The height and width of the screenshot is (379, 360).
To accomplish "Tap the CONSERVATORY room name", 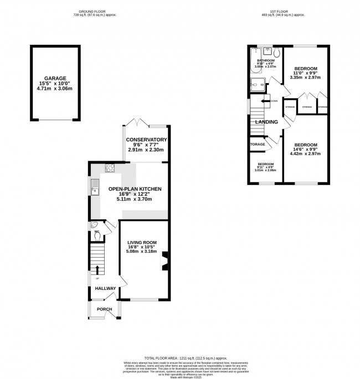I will pos(146,140).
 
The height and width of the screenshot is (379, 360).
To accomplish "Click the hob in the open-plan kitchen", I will pos(110,169).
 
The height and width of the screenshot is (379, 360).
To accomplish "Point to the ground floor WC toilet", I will pos(97,234).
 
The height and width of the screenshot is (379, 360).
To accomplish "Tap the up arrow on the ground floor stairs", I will pos(98,270).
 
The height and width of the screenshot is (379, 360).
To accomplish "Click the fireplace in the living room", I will pos(164,260).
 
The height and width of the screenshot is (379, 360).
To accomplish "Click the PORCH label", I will pos(104,309).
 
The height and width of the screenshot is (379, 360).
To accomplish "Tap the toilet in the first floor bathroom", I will pos(277,53).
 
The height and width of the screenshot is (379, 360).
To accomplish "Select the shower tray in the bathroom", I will pos(258,84).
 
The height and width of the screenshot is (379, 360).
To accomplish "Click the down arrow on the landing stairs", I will pos(265,101).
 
